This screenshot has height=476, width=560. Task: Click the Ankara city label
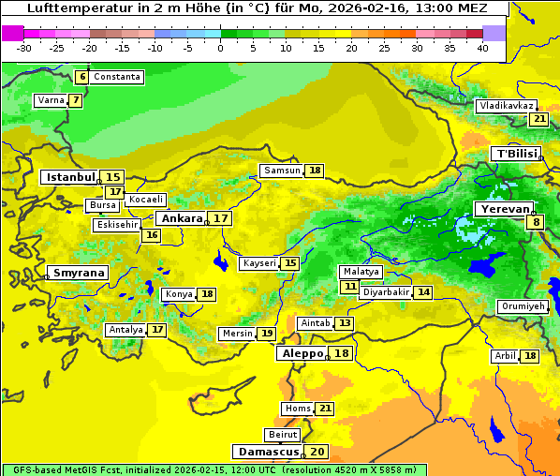pyautogui.click(x=182, y=218)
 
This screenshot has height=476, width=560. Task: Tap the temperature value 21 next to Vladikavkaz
pyautogui.click(x=538, y=119)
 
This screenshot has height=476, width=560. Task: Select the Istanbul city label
pyautogui.click(x=71, y=176)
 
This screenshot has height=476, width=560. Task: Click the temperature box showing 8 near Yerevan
pyautogui.click(x=536, y=222)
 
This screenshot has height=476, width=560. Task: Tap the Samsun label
pyautogui.click(x=281, y=171)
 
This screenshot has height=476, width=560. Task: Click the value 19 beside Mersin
pyautogui.click(x=267, y=334)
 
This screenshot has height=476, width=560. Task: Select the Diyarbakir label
pyautogui.click(x=386, y=292)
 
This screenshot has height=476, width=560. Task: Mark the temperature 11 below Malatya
pyautogui.click(x=349, y=286)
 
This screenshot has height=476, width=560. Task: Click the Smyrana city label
pyautogui.click(x=79, y=273)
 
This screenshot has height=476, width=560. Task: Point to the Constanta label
pyautogui.click(x=117, y=77)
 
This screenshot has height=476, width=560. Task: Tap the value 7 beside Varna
pyautogui.click(x=76, y=100)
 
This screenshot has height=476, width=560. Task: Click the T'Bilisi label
pyautogui.click(x=516, y=154)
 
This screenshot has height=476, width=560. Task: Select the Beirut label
pyautogui.click(x=283, y=435)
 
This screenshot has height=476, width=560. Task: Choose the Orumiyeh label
pyautogui.click(x=522, y=306)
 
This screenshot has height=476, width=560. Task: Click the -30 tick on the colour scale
pyautogui.click(x=24, y=48)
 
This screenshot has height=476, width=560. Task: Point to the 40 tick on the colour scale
pyautogui.click(x=482, y=48)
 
